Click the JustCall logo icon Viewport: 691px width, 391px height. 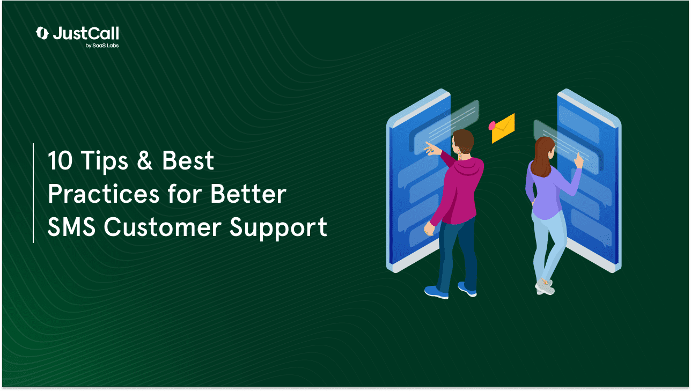click(42, 33)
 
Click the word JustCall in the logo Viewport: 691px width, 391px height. click(86, 33)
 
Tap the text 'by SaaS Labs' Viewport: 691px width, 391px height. click(102, 46)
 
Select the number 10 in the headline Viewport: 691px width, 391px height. click(60, 161)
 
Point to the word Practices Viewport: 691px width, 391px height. click(104, 194)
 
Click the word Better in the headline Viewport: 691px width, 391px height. click(248, 194)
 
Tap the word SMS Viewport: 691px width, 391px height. click(71, 227)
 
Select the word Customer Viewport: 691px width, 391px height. click(163, 227)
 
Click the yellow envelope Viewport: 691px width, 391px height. click(503, 129)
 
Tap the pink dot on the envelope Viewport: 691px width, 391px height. click(492, 126)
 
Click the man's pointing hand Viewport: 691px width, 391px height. click(433, 149)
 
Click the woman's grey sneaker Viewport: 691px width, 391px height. click(545, 287)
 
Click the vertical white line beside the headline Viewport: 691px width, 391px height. click(33, 193)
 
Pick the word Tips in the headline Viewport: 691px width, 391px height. click(105, 161)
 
